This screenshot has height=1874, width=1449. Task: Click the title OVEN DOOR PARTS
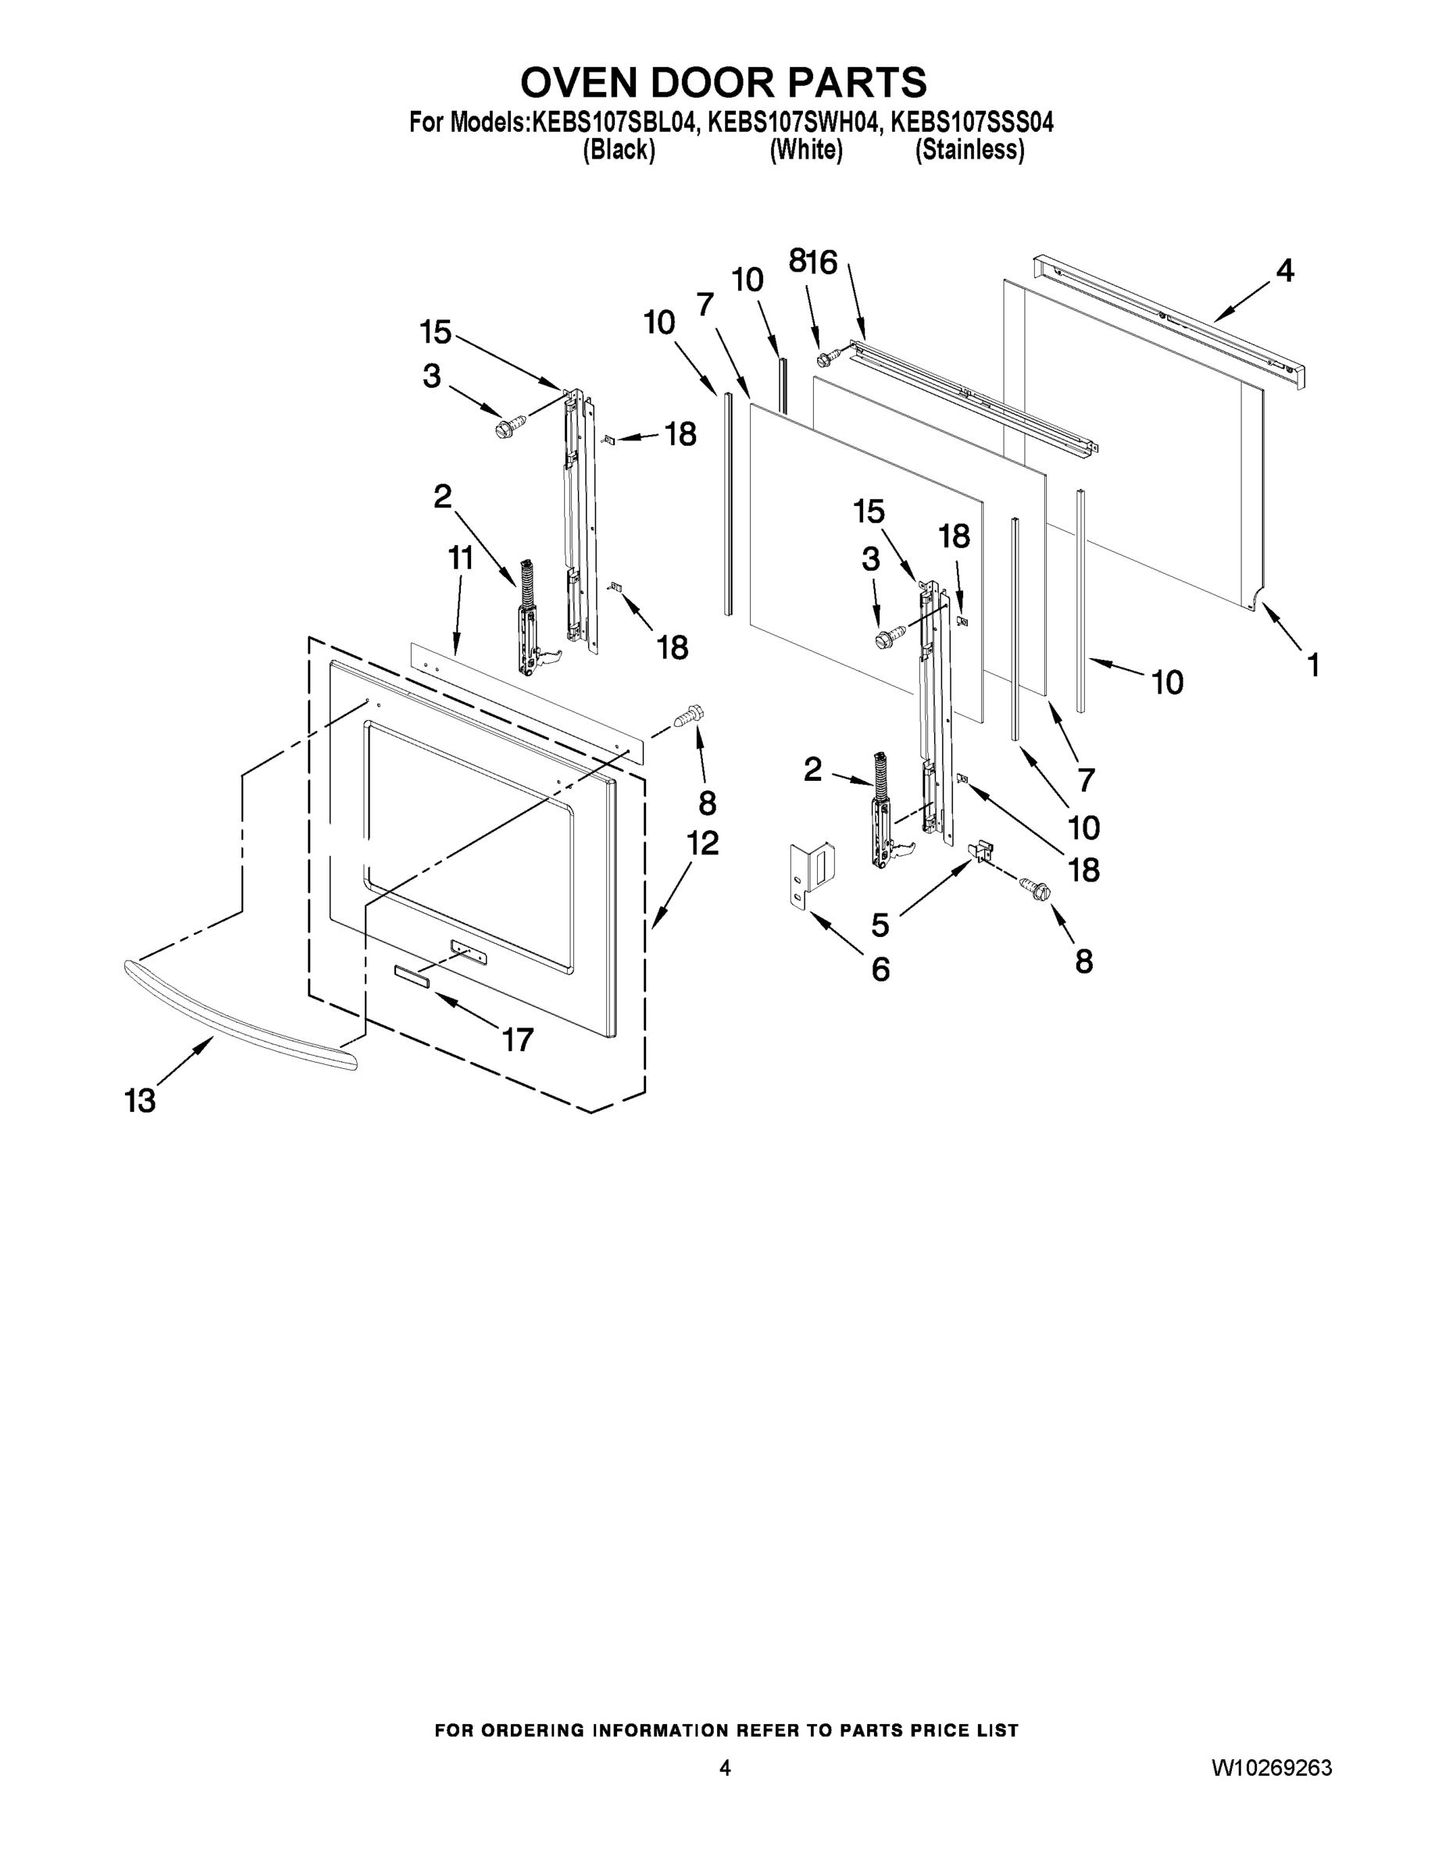pos(723,84)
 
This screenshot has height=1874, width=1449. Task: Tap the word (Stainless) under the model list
pos(969,150)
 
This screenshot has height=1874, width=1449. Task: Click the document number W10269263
pos(1272,1768)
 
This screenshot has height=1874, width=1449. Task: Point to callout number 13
pos(141,1100)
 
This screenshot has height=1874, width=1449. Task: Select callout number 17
pos(518,1040)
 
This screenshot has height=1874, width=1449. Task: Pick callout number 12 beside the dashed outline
pos(701,843)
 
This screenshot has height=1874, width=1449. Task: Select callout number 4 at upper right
pos(1284,271)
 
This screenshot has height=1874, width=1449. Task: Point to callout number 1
pos(1312,664)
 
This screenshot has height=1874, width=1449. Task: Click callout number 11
pos(460,558)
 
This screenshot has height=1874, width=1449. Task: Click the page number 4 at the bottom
pos(725,1768)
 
